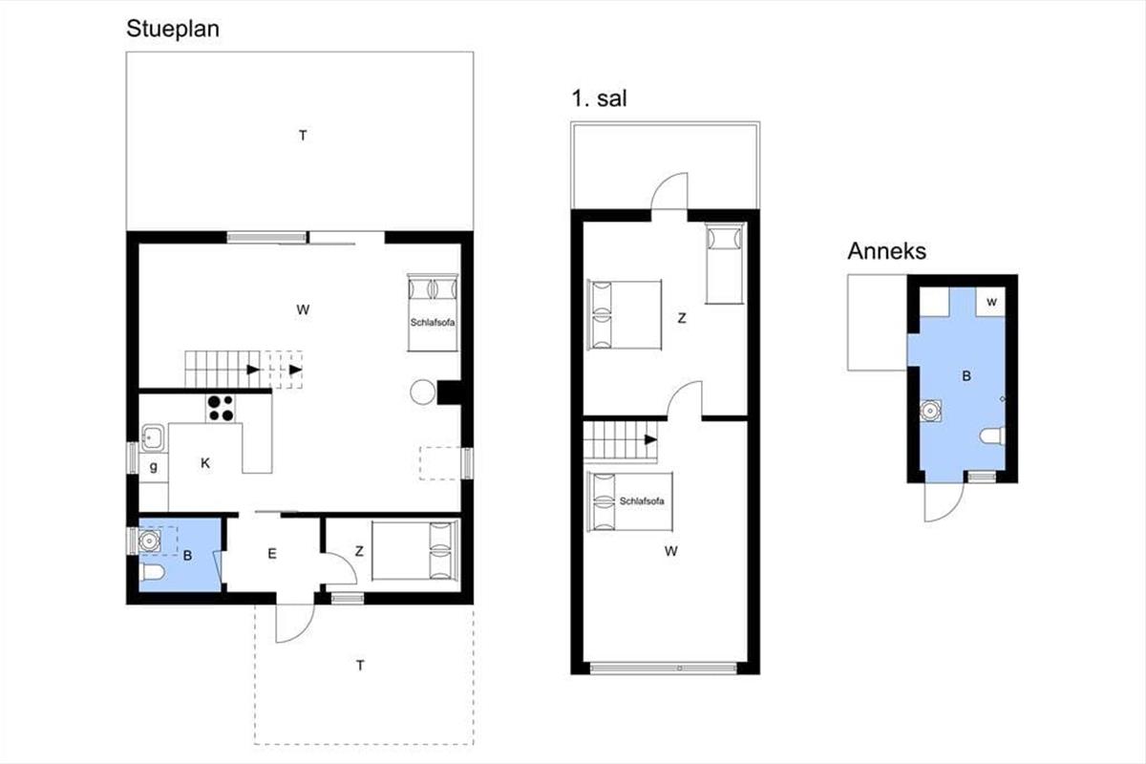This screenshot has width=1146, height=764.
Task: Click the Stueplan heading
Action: pos(173,30)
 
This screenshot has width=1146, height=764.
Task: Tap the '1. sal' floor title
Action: pos(599,98)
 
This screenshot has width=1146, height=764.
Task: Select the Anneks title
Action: pos(886,251)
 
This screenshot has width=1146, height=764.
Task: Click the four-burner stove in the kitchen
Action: pos(221,408)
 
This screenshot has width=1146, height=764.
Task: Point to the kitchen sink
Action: pos(153,438)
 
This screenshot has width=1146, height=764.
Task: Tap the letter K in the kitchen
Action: pos(205,463)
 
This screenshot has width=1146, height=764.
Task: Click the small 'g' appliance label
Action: pos(153,467)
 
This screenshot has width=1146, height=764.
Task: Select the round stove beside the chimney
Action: pos(422,393)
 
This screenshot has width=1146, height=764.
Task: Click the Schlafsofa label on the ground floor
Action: pos(433,323)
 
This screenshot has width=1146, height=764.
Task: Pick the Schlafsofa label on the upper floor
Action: pos(642,501)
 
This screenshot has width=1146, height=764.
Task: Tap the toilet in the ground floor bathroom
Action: pos(152,572)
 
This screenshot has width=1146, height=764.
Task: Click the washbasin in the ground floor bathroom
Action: pos(149,541)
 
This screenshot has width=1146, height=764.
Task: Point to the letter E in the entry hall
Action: pos(272,553)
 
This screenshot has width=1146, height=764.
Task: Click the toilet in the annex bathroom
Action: pos(992,436)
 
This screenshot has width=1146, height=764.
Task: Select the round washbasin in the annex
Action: pos(930,411)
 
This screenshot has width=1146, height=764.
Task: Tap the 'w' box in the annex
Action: pos(991,302)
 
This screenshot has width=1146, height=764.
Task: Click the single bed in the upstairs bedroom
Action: pos(724,263)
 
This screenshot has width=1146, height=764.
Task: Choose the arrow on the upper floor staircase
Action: pos(650,439)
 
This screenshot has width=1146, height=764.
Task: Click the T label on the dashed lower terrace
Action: pos(360,666)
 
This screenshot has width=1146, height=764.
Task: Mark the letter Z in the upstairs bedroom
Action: pos(682,318)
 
